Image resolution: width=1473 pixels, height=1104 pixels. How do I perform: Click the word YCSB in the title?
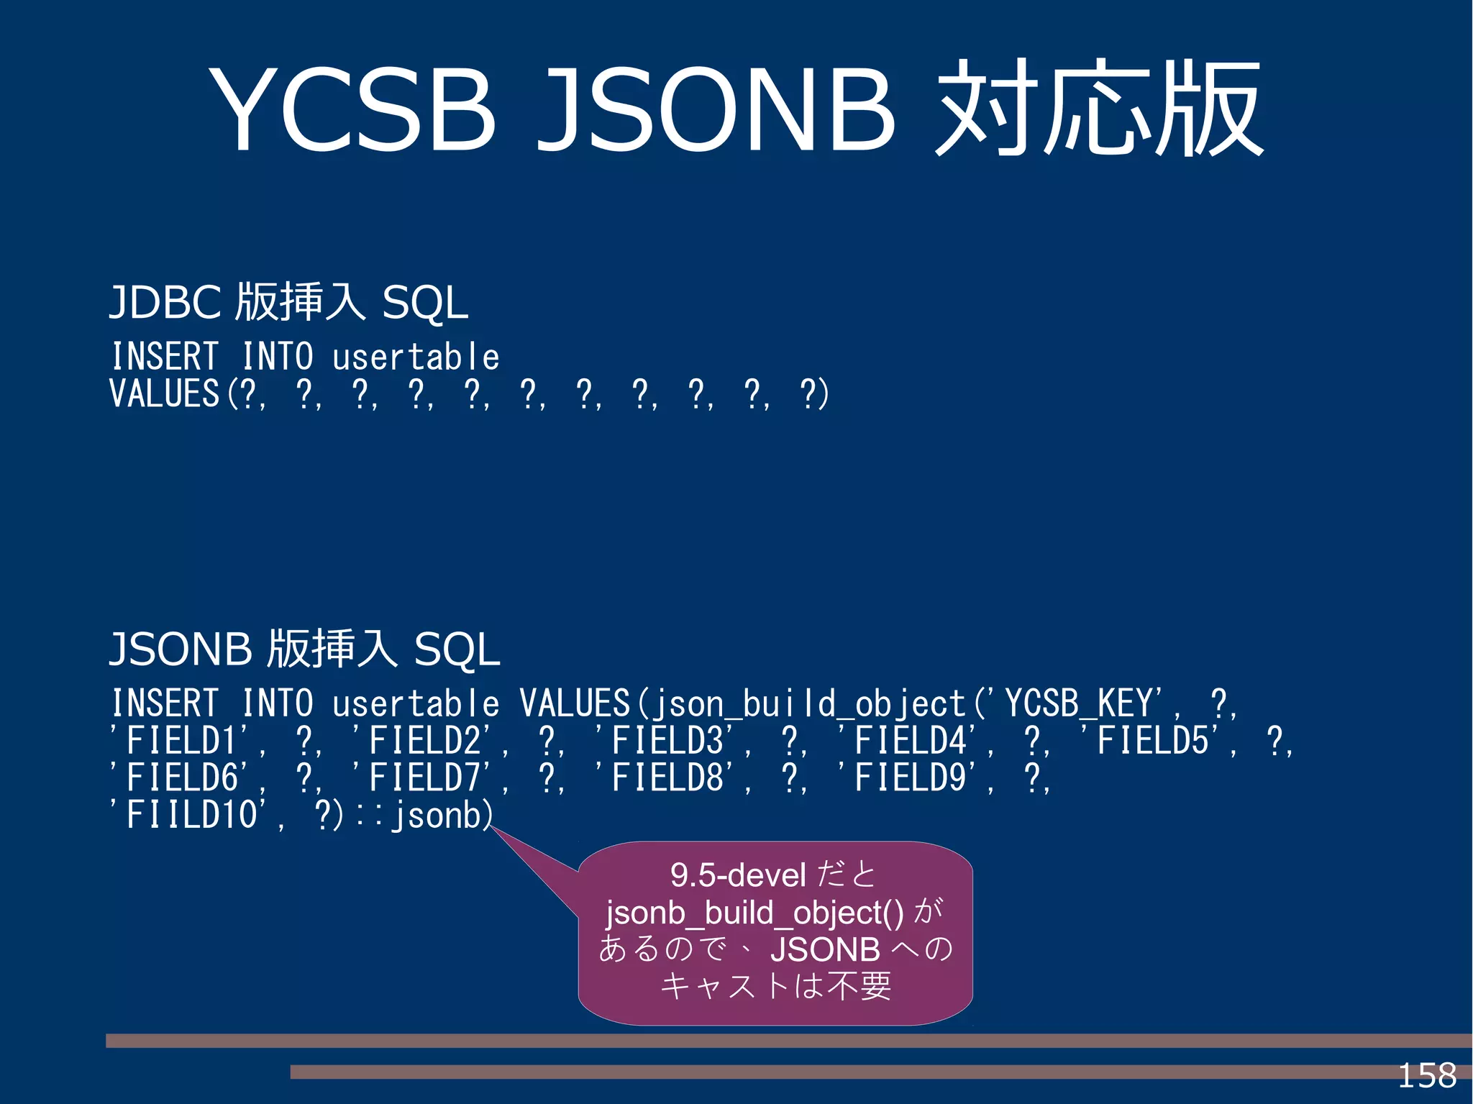[352, 110]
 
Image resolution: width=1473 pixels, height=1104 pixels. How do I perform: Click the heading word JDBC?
[165, 302]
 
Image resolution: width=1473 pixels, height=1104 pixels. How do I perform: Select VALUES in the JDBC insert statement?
[164, 394]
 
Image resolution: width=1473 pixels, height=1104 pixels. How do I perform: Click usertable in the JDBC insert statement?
[416, 357]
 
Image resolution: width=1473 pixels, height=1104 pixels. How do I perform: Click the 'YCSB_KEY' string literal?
[1082, 703]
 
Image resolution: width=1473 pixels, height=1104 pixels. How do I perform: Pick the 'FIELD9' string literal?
[911, 778]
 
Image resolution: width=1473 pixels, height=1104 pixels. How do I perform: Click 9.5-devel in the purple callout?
[738, 875]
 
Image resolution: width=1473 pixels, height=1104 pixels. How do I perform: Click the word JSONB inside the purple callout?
[825, 949]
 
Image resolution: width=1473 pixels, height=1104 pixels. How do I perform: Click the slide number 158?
[1427, 1076]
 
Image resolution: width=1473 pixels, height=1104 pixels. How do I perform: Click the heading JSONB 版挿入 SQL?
[304, 649]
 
